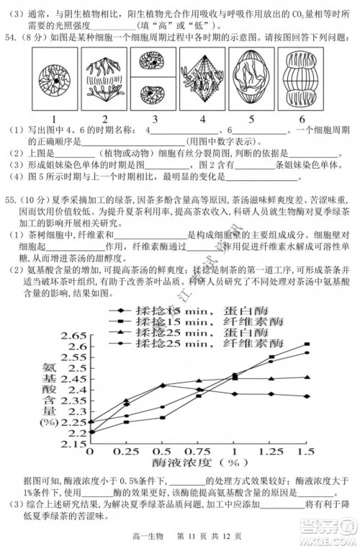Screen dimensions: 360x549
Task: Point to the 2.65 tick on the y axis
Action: coord(73,336)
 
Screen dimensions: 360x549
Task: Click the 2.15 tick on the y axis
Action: coord(73,444)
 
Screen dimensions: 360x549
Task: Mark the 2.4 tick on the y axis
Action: coord(75,390)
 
